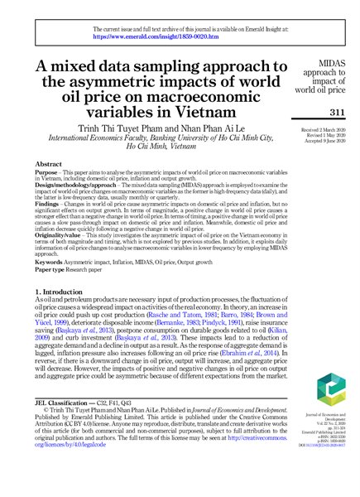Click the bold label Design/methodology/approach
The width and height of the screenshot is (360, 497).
(x=76, y=195)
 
